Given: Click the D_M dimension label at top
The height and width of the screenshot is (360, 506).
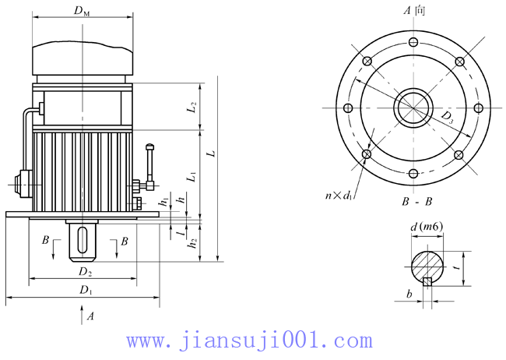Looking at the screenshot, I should click(80, 10).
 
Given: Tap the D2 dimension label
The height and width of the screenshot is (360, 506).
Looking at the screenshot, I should click(84, 273).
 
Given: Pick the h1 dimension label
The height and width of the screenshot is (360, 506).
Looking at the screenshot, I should click(163, 202).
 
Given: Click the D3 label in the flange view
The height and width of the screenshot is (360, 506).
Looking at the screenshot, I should click(449, 118).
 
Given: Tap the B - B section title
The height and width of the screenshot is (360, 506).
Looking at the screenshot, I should click(417, 202).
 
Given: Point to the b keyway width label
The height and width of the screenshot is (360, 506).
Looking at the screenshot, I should click(409, 295).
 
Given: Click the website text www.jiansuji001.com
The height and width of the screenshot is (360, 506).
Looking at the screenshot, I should click(249, 341).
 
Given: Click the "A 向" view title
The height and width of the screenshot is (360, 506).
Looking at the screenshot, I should click(414, 10).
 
